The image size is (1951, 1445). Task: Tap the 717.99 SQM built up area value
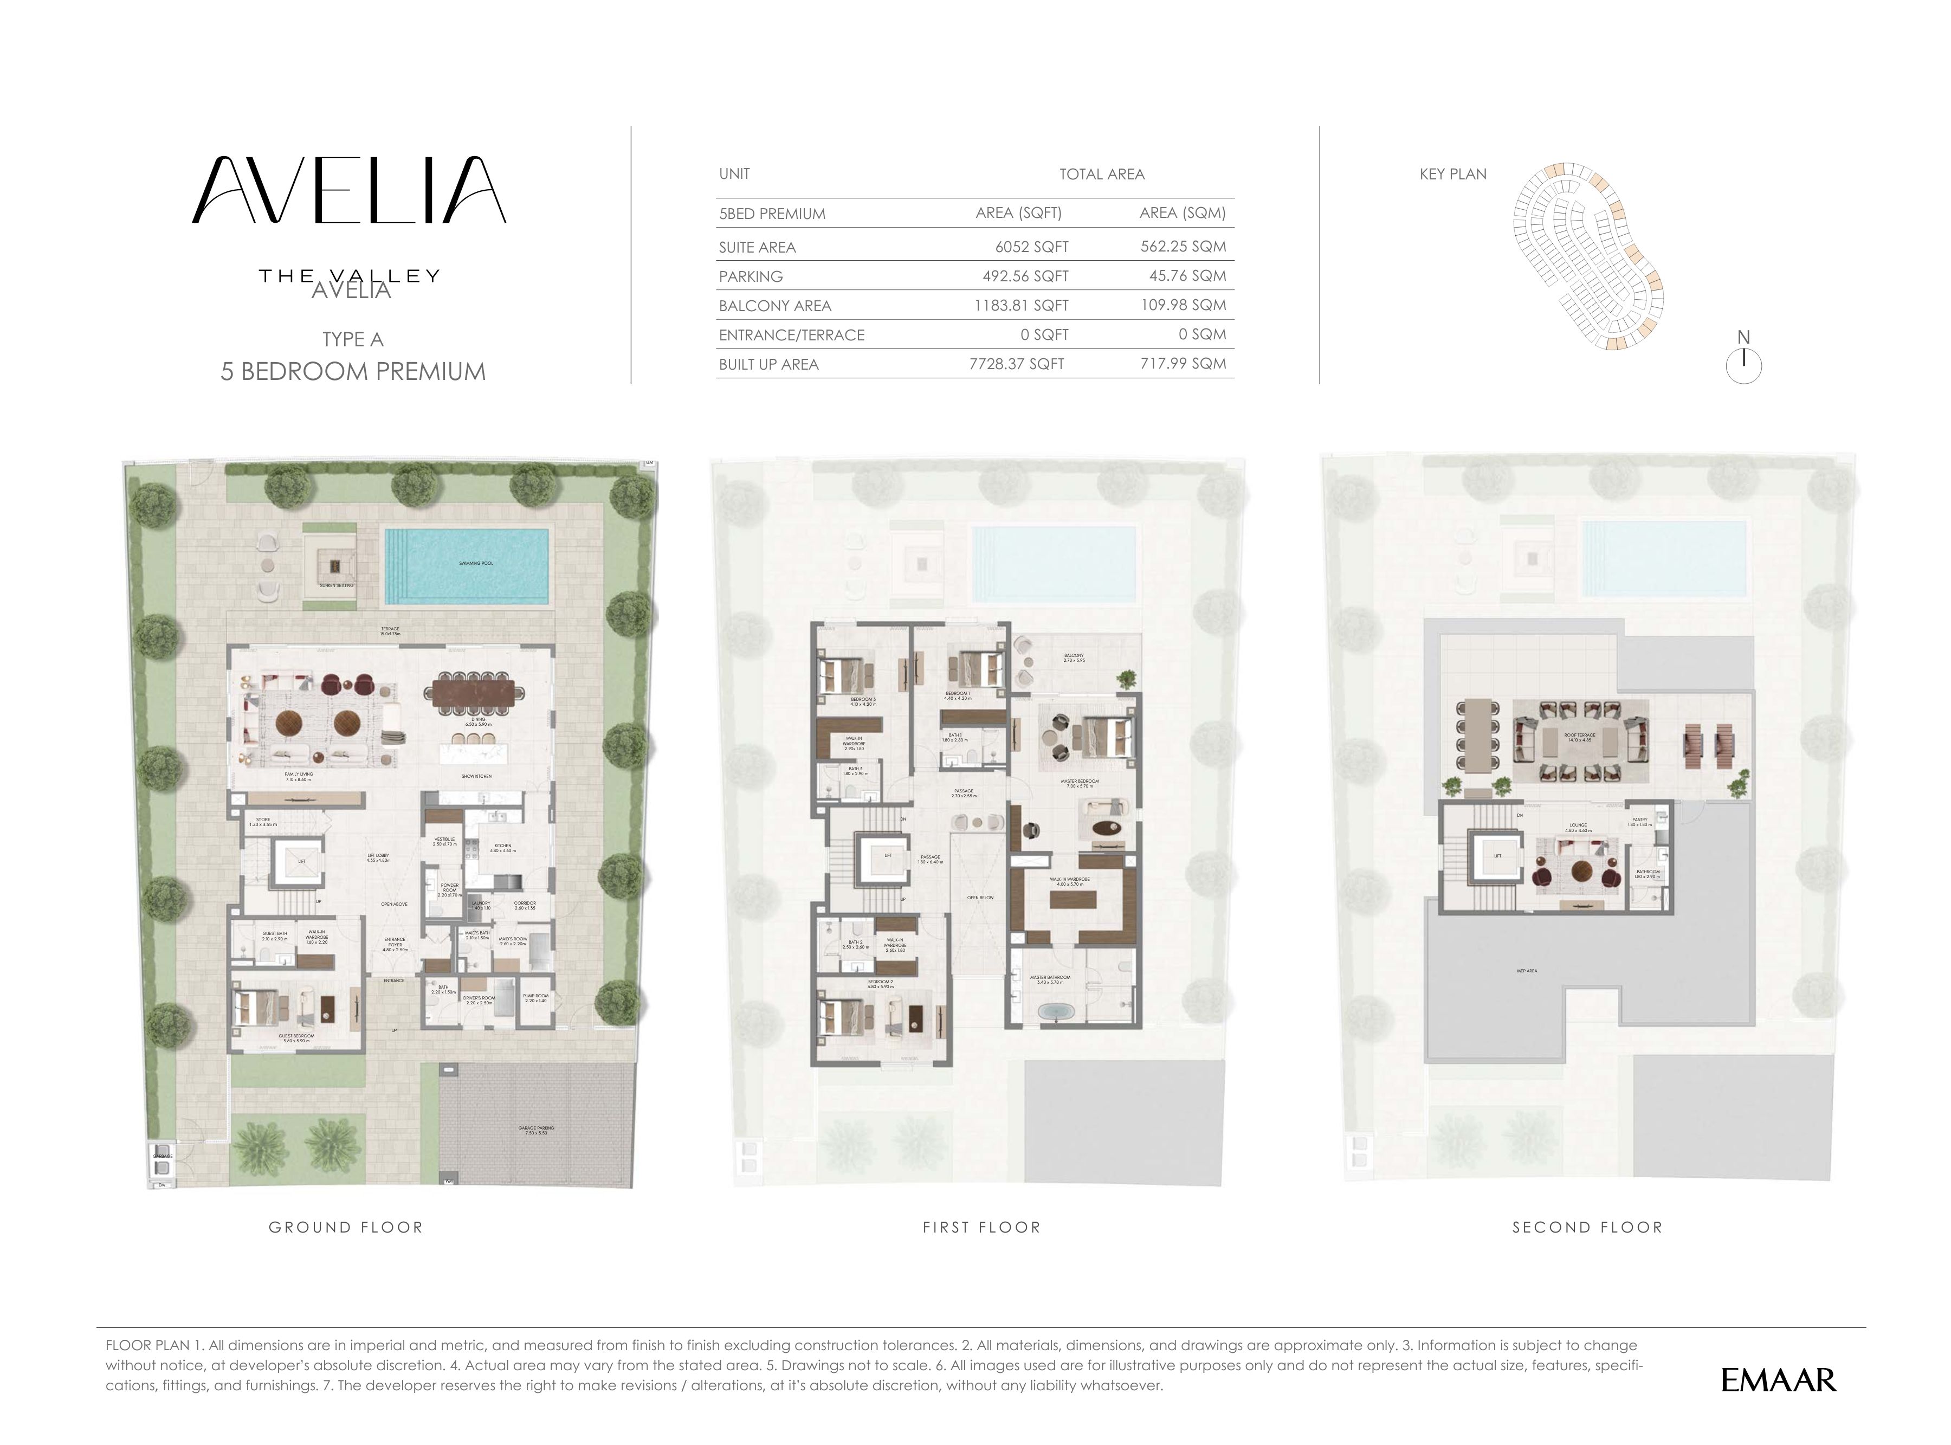[x=1183, y=364]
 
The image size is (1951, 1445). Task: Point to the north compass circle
[x=1743, y=366]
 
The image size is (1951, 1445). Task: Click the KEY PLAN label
[x=1452, y=174]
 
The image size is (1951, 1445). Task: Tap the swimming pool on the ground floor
[x=468, y=566]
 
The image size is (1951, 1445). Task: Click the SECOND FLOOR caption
[x=1587, y=1227]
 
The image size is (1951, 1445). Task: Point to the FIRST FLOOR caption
[x=981, y=1227]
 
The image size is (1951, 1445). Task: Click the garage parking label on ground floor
[x=536, y=1130]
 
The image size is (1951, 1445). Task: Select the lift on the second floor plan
[x=1497, y=856]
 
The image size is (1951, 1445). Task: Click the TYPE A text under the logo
[x=352, y=339]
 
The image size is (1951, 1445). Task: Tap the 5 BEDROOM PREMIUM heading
[x=352, y=372]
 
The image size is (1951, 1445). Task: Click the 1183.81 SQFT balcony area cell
[x=1022, y=305]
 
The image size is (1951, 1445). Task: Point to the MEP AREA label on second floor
[x=1526, y=971]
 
